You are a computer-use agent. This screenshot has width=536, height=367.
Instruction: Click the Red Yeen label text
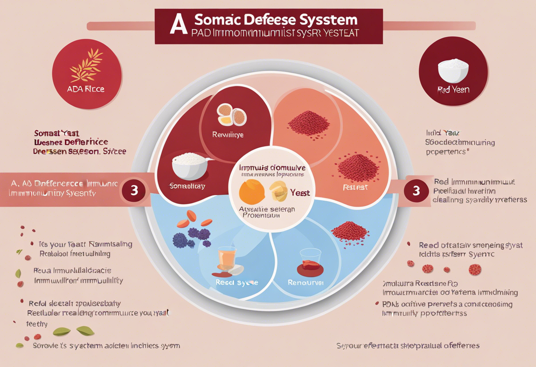pos(454,90)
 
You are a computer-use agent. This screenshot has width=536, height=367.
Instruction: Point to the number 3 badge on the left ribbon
pos(135,191)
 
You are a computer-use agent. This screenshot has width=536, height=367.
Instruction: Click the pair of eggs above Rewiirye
pos(232,115)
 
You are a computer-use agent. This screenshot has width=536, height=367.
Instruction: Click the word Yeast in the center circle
pos(300,193)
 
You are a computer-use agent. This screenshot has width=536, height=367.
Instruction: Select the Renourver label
pos(305,282)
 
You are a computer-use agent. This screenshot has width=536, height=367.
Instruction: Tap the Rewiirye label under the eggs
pos(228,134)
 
